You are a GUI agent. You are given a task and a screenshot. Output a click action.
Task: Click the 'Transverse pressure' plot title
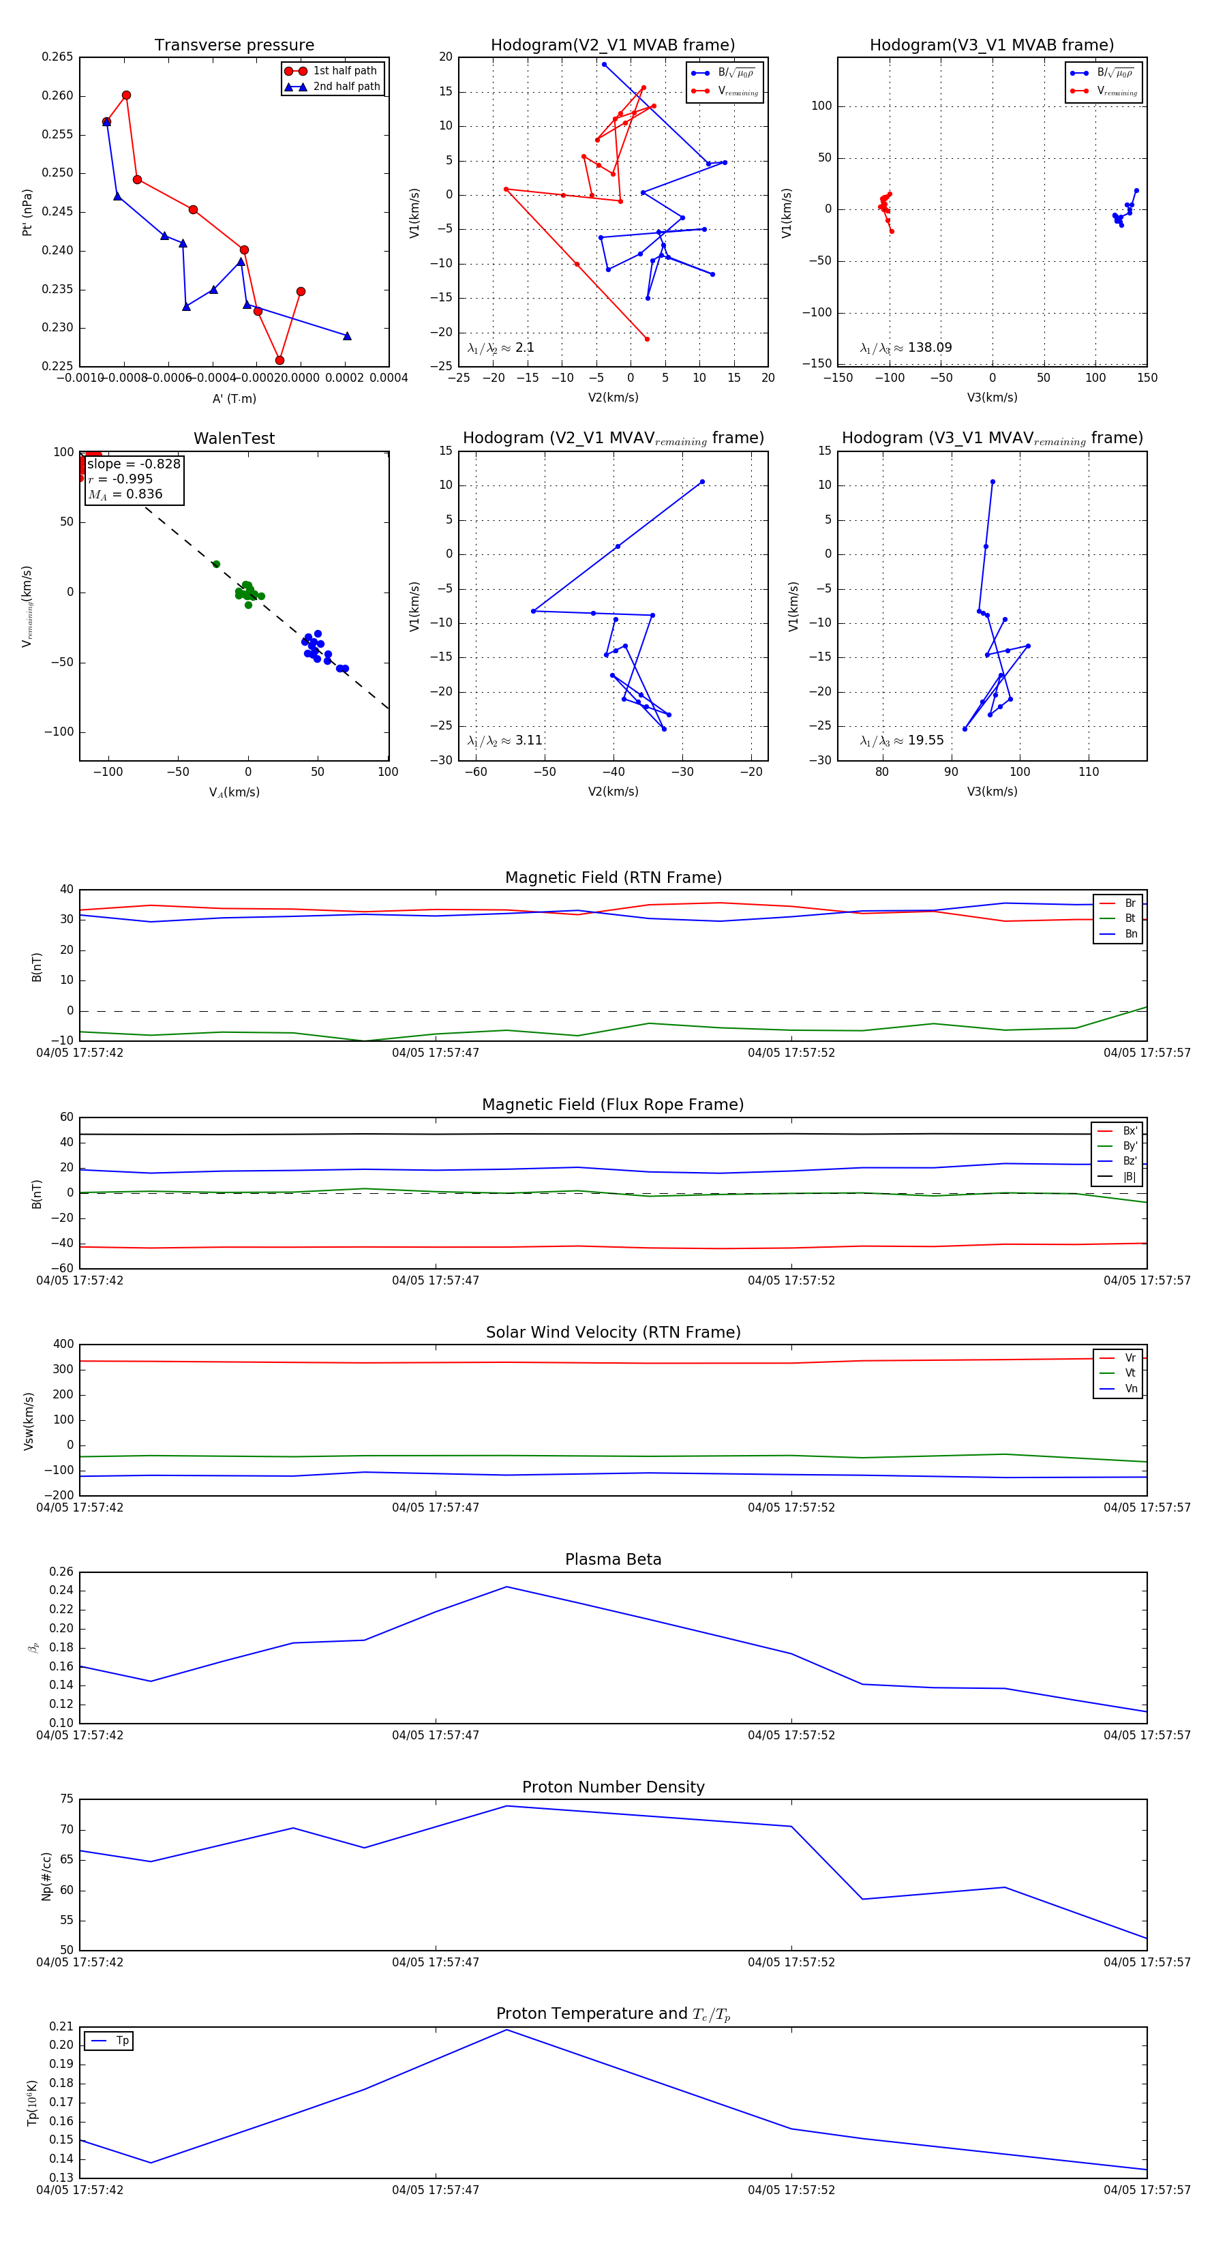click(x=234, y=46)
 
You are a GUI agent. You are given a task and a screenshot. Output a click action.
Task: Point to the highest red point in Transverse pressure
click(x=127, y=95)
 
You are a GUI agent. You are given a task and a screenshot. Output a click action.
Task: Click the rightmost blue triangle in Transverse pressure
click(x=347, y=336)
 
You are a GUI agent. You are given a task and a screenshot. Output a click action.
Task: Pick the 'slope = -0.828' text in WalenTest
click(x=134, y=464)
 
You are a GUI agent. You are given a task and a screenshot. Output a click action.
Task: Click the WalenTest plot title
click(x=234, y=438)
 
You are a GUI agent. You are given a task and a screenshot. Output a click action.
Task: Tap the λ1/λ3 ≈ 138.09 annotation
click(x=906, y=348)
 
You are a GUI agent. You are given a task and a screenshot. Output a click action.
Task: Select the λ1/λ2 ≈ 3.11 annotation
click(x=504, y=740)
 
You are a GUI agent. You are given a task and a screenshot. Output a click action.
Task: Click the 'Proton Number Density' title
click(x=613, y=1787)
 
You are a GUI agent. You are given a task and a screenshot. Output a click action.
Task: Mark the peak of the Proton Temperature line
click(x=506, y=2030)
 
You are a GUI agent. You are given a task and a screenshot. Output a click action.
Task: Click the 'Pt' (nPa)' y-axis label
click(x=27, y=212)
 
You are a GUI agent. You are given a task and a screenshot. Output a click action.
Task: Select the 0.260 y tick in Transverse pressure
click(x=58, y=96)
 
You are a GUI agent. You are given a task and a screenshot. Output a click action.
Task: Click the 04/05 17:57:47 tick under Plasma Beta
click(x=435, y=1735)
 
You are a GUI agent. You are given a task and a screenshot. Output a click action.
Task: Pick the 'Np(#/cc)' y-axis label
click(x=46, y=1876)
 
